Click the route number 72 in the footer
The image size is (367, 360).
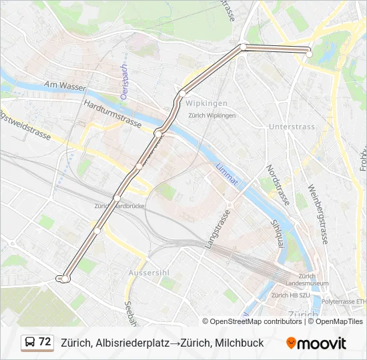45,342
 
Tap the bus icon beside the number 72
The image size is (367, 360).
30,343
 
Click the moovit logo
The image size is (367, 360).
316,343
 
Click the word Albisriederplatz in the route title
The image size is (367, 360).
127,343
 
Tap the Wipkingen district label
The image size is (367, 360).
206,103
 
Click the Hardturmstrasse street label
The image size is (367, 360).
113,114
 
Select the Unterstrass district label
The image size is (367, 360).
291,126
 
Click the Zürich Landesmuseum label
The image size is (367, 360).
308,280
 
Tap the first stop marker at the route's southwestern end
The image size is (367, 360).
63,278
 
